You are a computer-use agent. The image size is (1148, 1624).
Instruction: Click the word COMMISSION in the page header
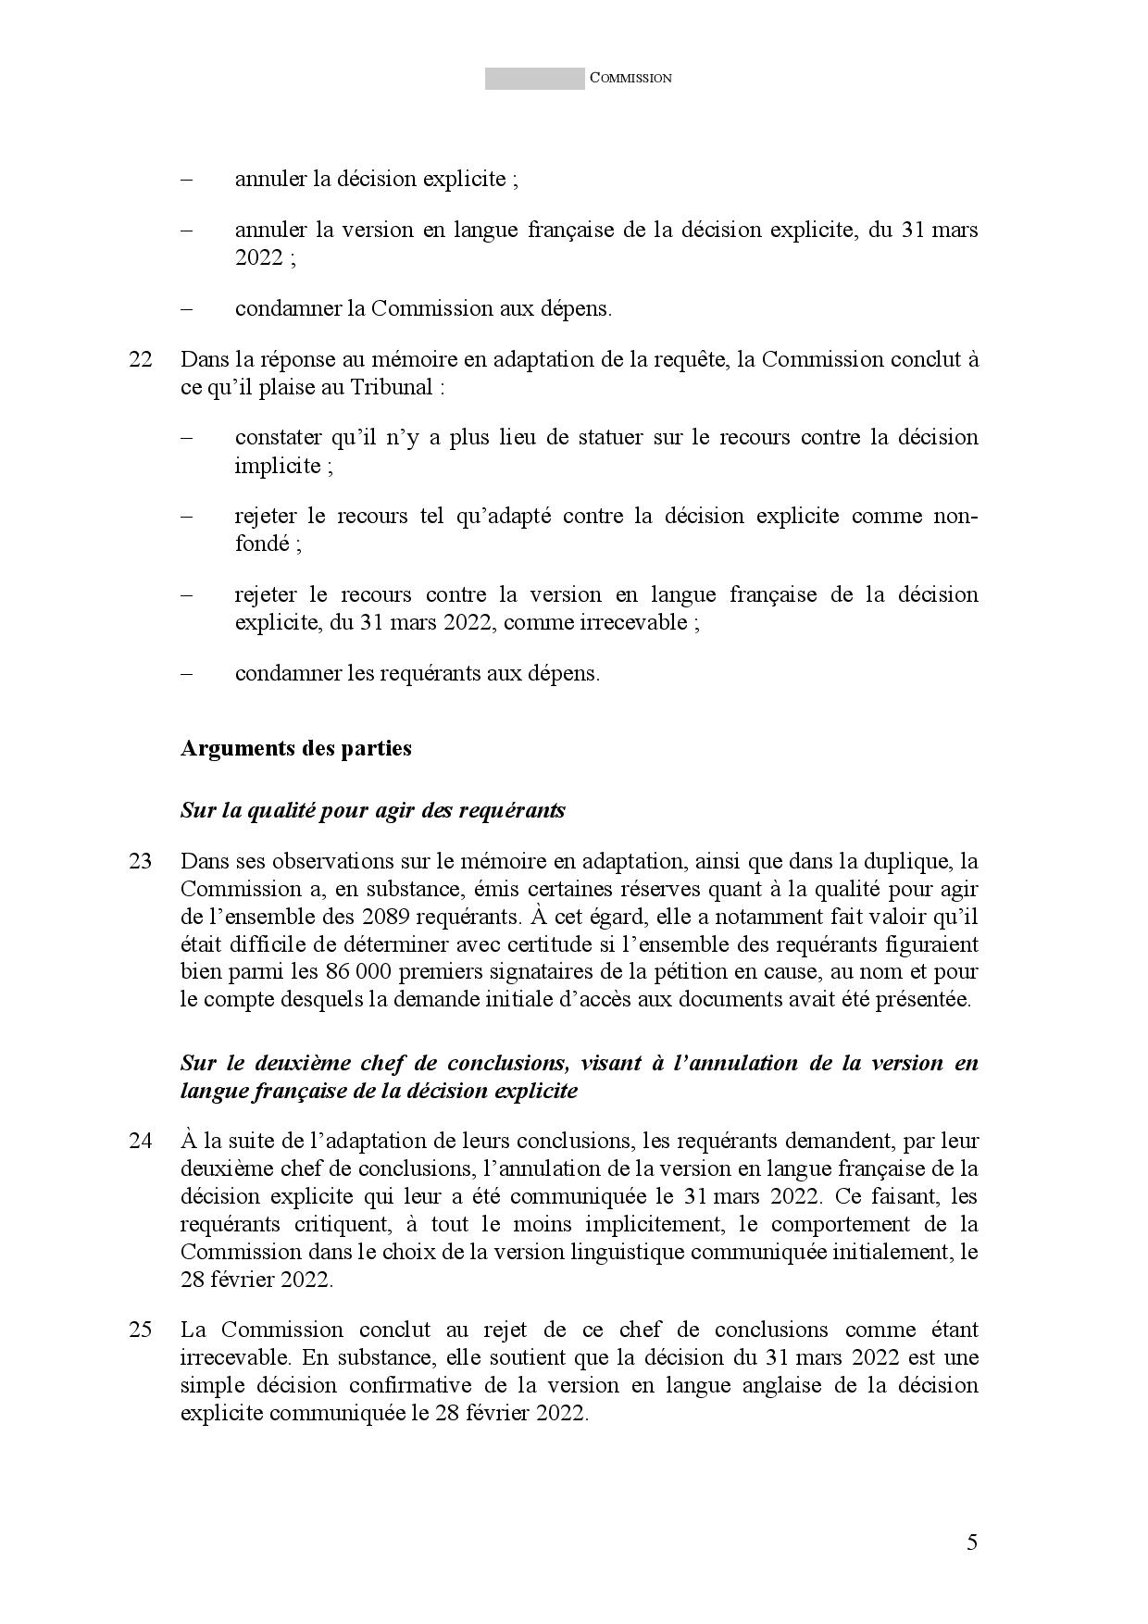630,79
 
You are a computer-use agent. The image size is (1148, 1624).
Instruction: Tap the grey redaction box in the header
534,79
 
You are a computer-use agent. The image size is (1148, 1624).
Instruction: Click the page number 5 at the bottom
971,1543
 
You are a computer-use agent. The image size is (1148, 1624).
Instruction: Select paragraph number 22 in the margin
141,359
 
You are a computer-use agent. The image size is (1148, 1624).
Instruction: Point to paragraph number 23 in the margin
141,861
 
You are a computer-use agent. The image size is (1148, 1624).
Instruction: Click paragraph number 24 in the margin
141,1141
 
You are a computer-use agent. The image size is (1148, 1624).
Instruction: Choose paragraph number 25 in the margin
141,1330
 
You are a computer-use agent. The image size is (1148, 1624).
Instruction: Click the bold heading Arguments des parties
295,748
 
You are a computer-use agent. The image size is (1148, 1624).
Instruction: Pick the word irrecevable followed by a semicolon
633,622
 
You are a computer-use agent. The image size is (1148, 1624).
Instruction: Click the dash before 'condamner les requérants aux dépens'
187,673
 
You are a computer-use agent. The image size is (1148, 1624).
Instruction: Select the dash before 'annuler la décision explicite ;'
187,179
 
